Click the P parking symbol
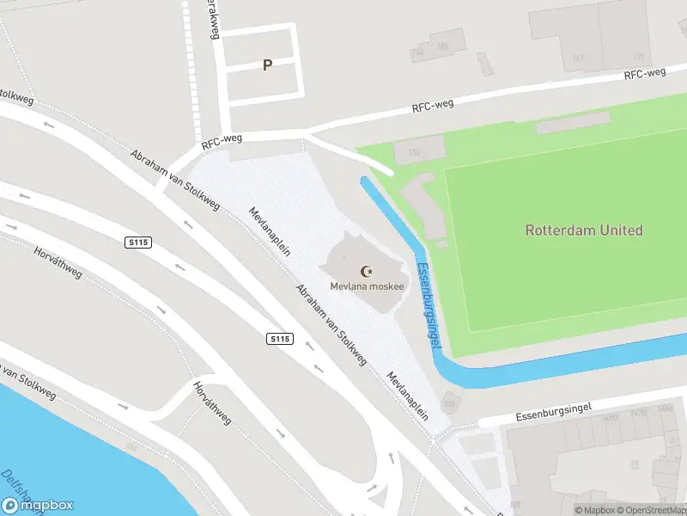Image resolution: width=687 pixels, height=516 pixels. [267, 65]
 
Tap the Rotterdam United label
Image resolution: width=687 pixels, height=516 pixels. [584, 230]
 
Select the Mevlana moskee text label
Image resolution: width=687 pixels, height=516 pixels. [367, 286]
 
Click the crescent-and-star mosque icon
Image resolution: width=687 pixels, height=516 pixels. [367, 271]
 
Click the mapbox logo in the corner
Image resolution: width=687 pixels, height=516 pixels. [38, 506]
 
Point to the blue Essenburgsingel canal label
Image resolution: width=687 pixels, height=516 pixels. [429, 305]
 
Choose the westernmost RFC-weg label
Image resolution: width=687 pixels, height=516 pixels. [222, 142]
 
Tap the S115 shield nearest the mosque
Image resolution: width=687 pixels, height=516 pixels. [280, 340]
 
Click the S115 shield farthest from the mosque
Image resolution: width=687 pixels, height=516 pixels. [137, 243]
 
